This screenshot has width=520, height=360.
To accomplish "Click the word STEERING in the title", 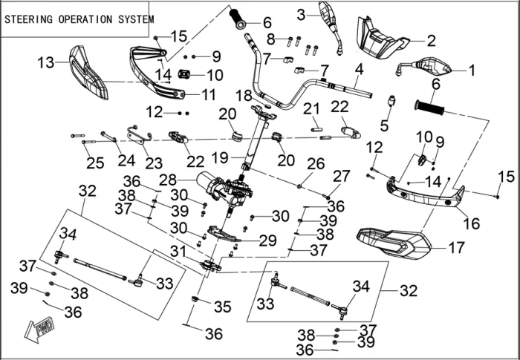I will (28, 20).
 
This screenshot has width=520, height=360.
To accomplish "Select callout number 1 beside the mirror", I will (470, 71).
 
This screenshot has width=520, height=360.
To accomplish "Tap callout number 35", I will (222, 306).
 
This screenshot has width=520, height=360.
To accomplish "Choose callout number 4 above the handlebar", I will (359, 70).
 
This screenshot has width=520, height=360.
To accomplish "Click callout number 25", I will (95, 163).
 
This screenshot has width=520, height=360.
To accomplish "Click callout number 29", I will (267, 240).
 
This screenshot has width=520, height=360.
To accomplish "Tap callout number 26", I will (315, 163).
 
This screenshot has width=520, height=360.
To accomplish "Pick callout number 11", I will (208, 94).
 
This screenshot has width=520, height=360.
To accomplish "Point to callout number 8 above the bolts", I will (271, 38).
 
